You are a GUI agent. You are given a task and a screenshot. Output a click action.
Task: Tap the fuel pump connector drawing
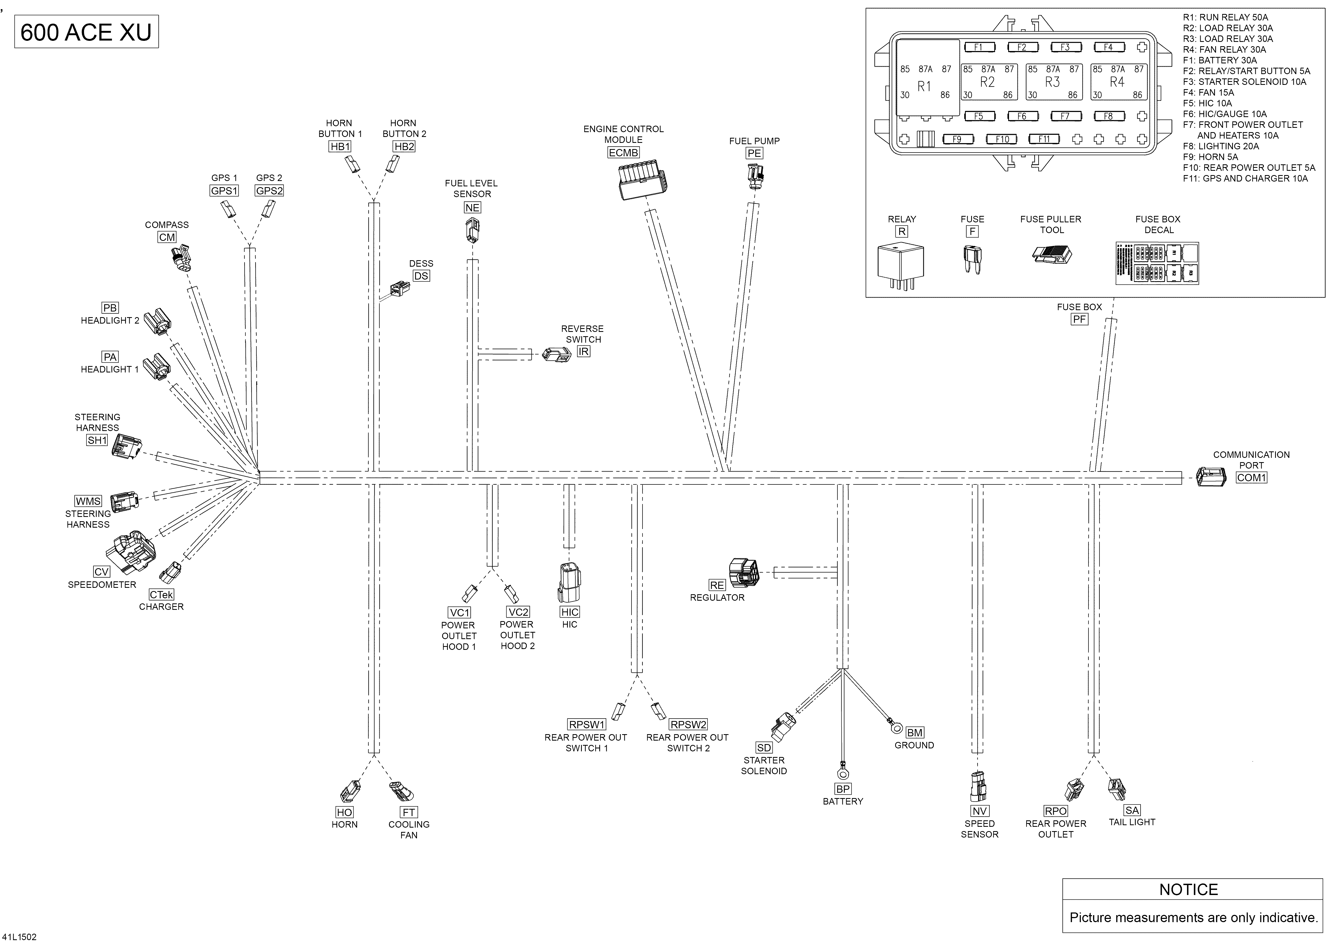click(755, 177)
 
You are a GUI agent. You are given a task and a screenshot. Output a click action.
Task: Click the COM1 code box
click(1251, 477)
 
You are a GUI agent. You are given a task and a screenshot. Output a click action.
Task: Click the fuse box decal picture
click(1157, 263)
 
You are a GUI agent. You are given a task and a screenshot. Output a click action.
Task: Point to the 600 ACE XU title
click(86, 32)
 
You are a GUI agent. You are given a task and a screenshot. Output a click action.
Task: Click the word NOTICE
click(1188, 889)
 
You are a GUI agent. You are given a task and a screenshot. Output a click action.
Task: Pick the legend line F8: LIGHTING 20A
click(1221, 146)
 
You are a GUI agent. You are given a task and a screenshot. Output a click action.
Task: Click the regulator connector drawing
click(744, 573)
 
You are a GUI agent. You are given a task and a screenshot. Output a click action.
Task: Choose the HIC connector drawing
click(569, 583)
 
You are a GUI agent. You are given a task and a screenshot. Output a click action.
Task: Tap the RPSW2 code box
click(688, 724)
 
